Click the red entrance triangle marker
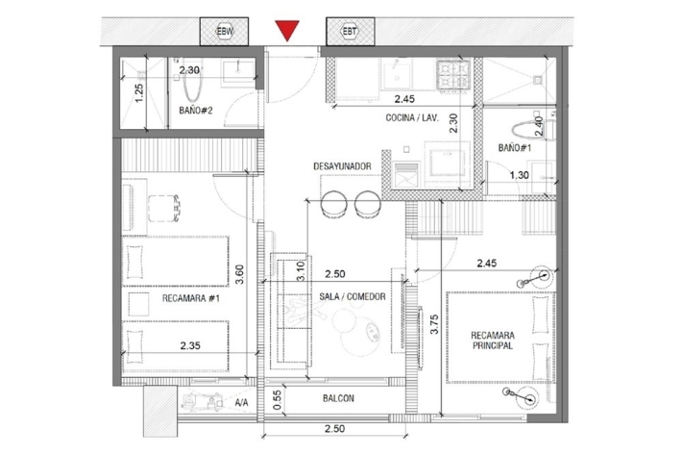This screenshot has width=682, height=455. click(x=287, y=31)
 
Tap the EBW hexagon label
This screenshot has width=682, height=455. click(x=225, y=32)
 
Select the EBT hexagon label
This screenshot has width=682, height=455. click(x=350, y=32)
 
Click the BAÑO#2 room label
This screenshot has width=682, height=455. click(x=196, y=111)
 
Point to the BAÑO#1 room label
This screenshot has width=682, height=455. click(x=515, y=148)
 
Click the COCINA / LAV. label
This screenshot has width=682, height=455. click(x=412, y=117)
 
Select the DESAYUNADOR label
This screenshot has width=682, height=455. click(x=342, y=166)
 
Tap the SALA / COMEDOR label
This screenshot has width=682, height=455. click(x=353, y=296)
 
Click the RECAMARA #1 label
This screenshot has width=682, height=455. click(x=191, y=299)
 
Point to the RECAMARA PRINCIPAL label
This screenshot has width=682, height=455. click(x=493, y=341)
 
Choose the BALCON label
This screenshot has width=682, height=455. click(x=338, y=398)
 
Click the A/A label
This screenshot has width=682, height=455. click(x=241, y=403)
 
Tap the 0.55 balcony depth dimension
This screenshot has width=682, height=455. click(x=278, y=400)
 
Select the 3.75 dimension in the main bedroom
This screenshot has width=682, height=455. click(x=434, y=324)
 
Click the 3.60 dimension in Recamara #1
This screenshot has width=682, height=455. click(x=239, y=274)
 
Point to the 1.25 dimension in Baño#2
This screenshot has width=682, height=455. click(x=138, y=93)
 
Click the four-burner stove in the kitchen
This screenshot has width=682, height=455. click(x=453, y=75)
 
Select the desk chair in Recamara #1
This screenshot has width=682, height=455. click(x=164, y=208)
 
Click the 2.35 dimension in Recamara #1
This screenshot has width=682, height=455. click(x=190, y=345)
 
